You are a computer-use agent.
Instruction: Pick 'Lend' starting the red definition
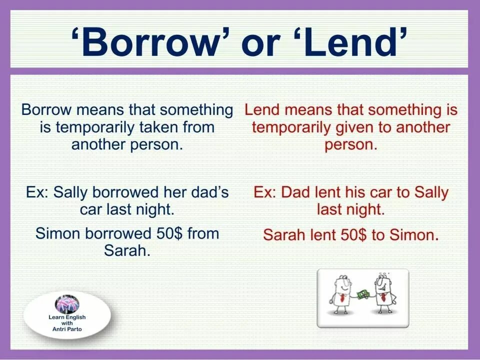[x=263, y=109]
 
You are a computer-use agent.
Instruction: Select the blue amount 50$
[x=166, y=233]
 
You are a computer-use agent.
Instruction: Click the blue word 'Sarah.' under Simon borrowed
[x=127, y=250]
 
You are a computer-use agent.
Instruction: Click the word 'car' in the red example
[x=381, y=192]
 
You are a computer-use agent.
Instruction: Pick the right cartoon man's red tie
[x=382, y=297]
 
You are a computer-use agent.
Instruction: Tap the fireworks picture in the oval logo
[x=67, y=304]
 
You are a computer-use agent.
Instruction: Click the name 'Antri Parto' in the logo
[x=67, y=329]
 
